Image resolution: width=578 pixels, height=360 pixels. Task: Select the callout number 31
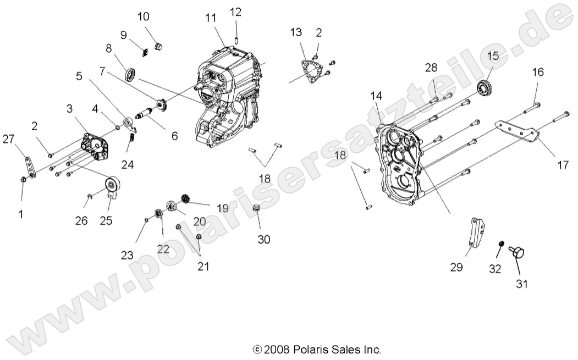click(521, 284)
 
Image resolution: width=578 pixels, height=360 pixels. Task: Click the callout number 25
click(106, 220)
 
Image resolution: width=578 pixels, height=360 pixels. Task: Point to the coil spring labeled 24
click(132, 145)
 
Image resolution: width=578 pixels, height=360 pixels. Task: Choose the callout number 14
click(376, 96)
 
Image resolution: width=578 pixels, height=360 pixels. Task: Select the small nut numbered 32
click(502, 243)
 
